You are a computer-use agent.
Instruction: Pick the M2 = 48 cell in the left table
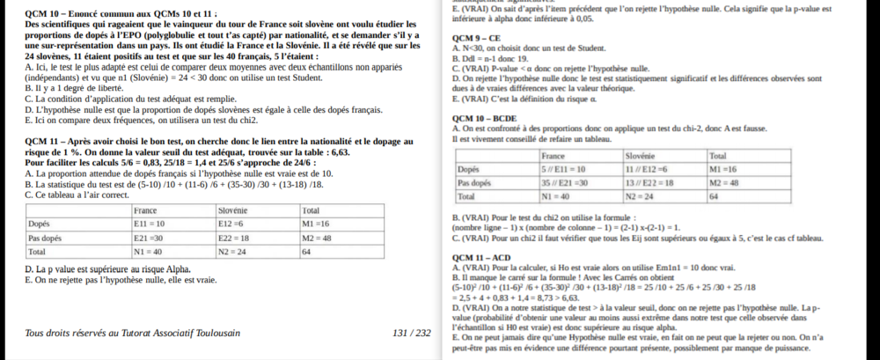click(x=316, y=238)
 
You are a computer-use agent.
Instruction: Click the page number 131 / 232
click(x=412, y=333)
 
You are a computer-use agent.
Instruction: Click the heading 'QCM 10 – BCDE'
click(x=483, y=119)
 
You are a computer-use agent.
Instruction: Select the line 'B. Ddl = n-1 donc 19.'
click(x=494, y=57)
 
